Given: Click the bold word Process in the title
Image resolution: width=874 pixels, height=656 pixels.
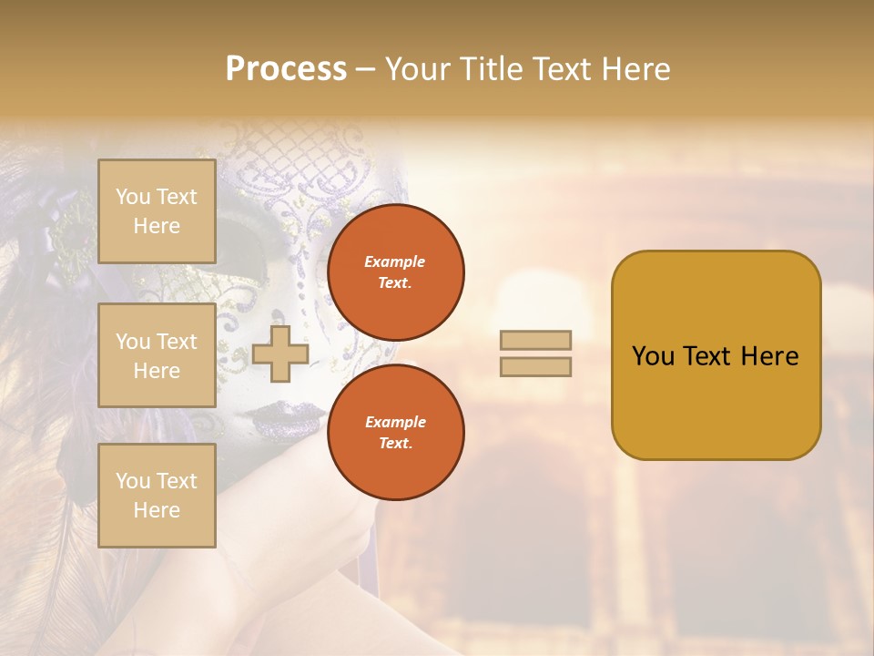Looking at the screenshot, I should (286, 69).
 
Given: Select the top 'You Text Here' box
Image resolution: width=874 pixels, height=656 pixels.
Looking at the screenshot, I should (157, 211).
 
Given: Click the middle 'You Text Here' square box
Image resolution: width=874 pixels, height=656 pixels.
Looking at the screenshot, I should (157, 355).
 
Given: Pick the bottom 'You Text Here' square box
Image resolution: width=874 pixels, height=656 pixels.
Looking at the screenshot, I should (157, 496).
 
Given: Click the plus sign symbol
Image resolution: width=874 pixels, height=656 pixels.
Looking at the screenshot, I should (280, 354).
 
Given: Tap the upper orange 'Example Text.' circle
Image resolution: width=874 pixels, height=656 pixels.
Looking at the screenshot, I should (396, 272).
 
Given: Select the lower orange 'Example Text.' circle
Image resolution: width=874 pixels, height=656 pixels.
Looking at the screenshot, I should (396, 432).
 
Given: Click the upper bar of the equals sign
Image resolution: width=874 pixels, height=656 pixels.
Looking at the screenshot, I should (535, 341).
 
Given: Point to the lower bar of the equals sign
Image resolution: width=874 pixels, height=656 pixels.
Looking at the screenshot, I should (535, 366).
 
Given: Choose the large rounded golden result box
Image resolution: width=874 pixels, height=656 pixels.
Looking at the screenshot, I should (716, 354).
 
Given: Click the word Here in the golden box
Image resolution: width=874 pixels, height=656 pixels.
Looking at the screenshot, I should (768, 356).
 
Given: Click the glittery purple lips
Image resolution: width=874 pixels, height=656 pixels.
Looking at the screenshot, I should (288, 418).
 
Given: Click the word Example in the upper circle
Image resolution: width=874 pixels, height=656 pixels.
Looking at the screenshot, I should (395, 261).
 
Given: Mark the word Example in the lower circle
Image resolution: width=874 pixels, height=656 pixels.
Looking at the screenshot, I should (395, 422).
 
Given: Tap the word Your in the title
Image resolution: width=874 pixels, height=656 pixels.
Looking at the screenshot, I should (415, 69).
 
